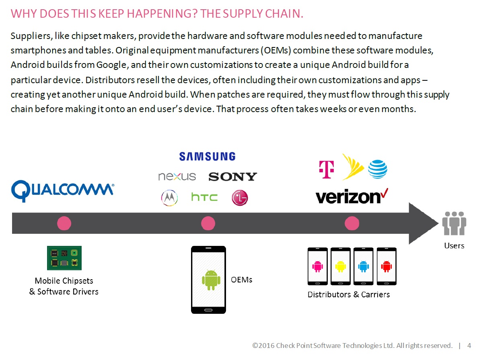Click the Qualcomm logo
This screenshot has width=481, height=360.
coord(63,190)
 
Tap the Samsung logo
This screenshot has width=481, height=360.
coord(208,157)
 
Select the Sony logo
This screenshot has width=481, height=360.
coord(232,176)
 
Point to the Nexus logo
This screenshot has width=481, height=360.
coord(177,176)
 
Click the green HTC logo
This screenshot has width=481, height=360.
coord(204,197)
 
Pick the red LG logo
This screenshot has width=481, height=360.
coord(240,198)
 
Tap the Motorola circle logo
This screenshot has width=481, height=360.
coord(170,198)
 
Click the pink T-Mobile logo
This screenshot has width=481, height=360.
coord(327,170)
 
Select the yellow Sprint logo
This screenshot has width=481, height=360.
coord(353,167)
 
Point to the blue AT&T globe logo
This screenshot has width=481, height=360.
coord(378,169)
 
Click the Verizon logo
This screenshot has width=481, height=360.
coord(352,196)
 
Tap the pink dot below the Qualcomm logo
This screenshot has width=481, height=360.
coord(64,223)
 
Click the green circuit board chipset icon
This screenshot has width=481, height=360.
coord(64,258)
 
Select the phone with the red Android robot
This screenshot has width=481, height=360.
coord(386,266)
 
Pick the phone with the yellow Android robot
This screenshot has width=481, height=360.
coord(341,266)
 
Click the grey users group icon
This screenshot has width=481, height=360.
coord(454,223)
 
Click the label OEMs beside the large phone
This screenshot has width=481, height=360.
coord(242,280)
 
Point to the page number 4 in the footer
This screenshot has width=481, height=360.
coord(469,346)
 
